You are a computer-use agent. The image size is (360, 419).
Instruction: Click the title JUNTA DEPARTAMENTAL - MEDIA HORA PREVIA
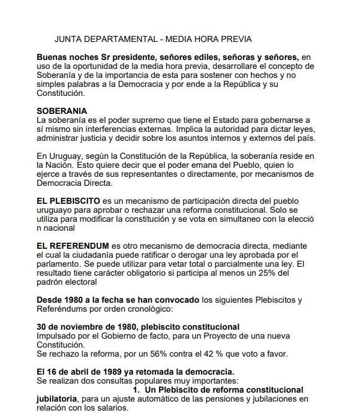pyautogui.click(x=153, y=40)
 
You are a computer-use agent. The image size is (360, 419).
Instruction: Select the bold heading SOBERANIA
pyautogui.click(x=62, y=111)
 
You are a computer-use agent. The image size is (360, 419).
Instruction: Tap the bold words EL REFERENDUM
pyautogui.click(x=73, y=246)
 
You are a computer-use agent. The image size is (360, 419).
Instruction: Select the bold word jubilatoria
pyautogui.click(x=58, y=399)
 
